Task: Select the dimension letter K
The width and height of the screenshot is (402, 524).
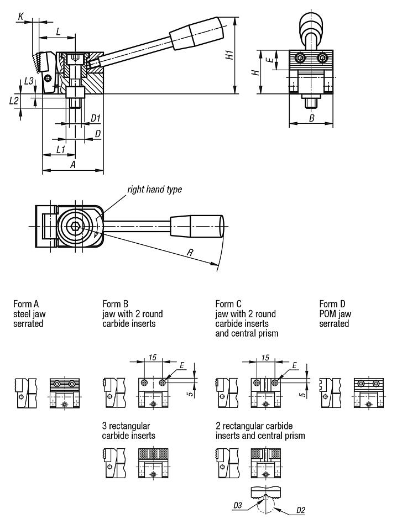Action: (20, 18)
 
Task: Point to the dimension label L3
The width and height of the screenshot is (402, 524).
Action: (29, 81)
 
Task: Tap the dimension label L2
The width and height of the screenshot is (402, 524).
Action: (14, 100)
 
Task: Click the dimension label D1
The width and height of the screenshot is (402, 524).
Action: (95, 118)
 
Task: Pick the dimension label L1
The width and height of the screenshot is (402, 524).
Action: (61, 149)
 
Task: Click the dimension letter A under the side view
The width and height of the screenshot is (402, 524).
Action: (72, 165)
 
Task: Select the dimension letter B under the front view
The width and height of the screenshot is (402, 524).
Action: (311, 118)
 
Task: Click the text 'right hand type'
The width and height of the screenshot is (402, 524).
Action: (154, 190)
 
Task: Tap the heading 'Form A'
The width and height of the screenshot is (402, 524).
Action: (25, 304)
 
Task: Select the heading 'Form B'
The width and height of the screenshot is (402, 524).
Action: (115, 304)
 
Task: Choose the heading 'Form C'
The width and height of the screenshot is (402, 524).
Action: (228, 304)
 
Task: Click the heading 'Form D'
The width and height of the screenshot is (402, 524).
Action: (332, 304)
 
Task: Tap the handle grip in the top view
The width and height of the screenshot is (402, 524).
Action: (197, 226)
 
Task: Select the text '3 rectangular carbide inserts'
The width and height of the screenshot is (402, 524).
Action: (129, 431)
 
